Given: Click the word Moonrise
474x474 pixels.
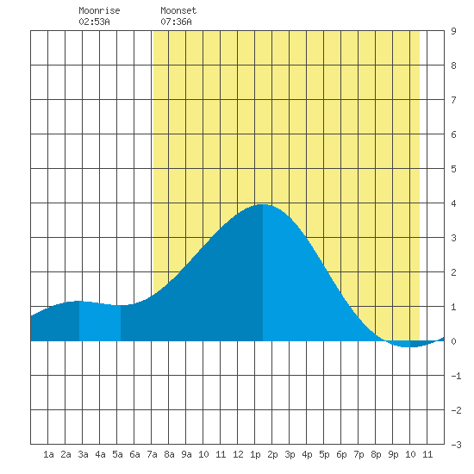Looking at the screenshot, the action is point(99,10).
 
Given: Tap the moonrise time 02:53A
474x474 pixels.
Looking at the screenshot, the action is point(94,22).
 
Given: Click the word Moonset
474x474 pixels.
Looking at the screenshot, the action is point(178,10).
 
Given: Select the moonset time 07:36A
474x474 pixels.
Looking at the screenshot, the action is point(176,22).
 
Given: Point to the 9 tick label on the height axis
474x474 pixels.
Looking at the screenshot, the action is point(453,31).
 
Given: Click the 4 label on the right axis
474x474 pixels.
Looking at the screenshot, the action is point(453,203).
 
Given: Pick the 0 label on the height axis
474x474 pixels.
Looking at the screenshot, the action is point(453,341).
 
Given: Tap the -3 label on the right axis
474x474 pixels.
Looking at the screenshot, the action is point(456,445).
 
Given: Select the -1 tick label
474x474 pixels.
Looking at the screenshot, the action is point(456,376).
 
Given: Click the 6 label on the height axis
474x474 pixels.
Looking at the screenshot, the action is point(453,134).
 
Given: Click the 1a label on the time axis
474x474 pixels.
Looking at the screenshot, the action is point(48,454).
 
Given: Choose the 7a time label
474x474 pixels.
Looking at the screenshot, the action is point(152,454).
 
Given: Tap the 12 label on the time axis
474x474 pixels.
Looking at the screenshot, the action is point(238,454).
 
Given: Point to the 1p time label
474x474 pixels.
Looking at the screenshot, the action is point(255,454).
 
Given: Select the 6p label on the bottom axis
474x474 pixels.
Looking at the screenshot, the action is point(341,454).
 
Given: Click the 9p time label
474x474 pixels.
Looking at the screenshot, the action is point(393,454).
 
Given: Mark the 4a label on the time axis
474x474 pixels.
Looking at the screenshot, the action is point(100,454).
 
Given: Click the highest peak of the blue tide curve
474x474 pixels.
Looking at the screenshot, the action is point(263,204).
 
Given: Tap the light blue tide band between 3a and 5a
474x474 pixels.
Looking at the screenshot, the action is point(100,322).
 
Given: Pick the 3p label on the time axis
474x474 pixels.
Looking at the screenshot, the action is point(290,454).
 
